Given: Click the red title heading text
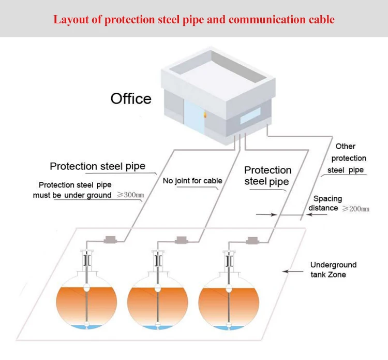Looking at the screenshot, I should [x=194, y=20].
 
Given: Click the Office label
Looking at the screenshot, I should [x=131, y=98].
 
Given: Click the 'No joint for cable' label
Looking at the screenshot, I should [x=192, y=181].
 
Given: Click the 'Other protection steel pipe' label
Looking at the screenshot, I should [x=348, y=158].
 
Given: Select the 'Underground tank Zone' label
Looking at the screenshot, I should [x=333, y=269].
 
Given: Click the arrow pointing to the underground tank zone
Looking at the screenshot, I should [x=295, y=271].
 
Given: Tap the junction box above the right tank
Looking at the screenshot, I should [x=253, y=239].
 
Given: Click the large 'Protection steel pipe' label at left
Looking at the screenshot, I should [x=97, y=166].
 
